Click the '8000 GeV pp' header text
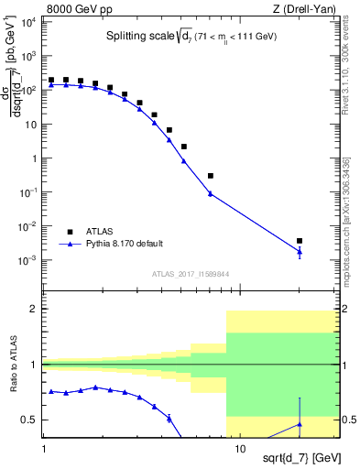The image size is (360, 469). (x=74, y=8)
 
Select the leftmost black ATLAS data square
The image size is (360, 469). (x=52, y=81)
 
